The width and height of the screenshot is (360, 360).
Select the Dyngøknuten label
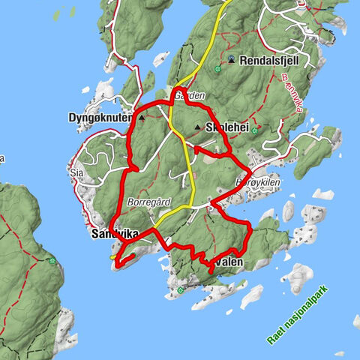click(x=100, y=118)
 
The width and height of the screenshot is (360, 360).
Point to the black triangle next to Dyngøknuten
click(x=141, y=118)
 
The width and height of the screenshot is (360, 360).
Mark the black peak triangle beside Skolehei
click(x=197, y=127)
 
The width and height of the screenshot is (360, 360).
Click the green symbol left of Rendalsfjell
click(x=217, y=69)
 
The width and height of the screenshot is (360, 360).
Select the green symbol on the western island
click(x=52, y=261)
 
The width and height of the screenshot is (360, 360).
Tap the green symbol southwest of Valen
click(x=180, y=289)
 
